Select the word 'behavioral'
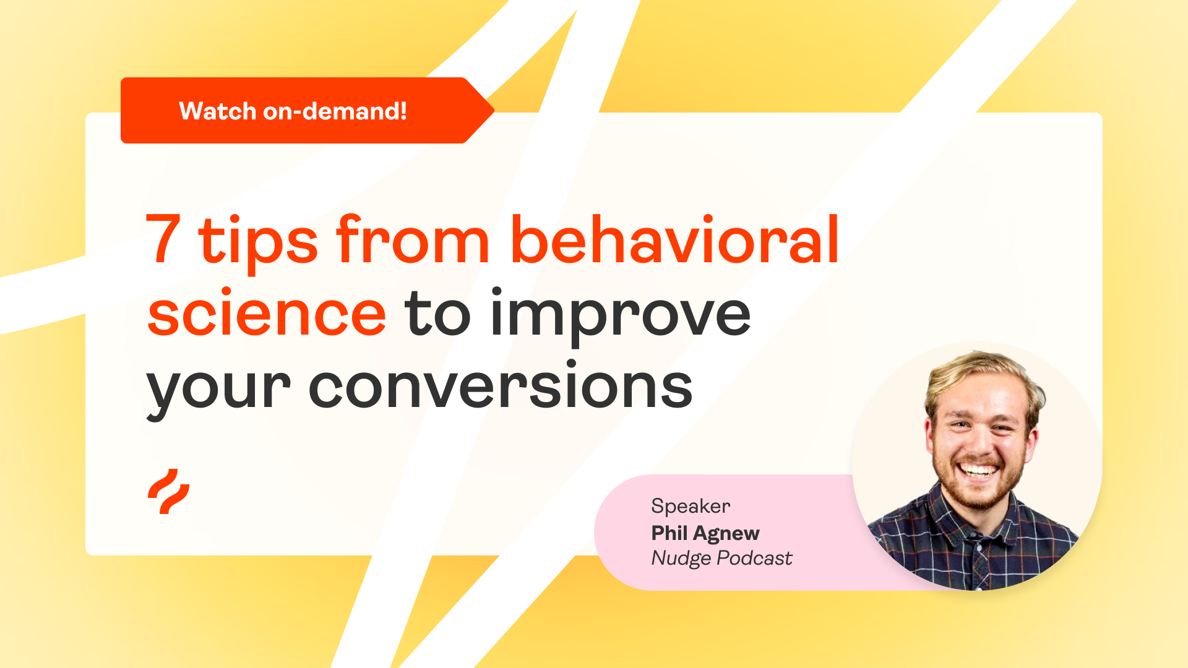coord(674,240)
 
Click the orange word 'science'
coord(267,314)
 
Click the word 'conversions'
coord(500,387)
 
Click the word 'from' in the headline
coord(413,240)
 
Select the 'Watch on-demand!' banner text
coord(293,111)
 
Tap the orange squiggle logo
coord(168,492)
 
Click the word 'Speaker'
coord(691,507)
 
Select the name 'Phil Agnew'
coord(705,533)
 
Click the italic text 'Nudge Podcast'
coord(721,559)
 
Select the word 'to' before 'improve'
coord(437,315)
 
